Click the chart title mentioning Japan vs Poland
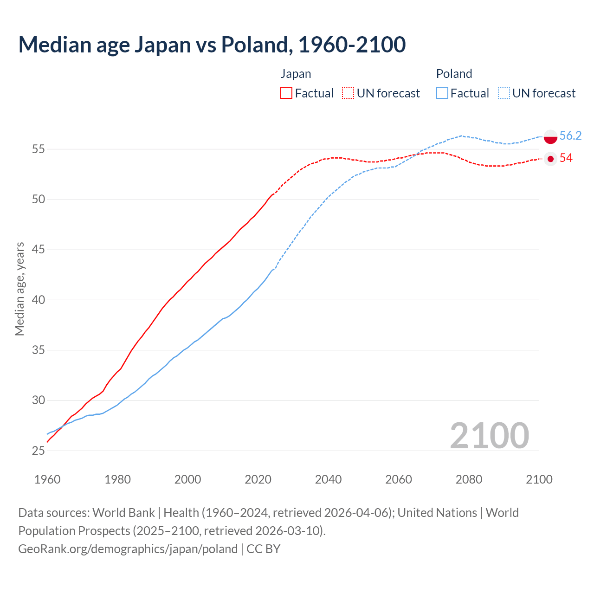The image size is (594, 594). tap(212, 45)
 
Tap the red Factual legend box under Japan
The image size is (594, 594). tap(286, 93)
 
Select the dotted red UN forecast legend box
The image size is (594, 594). tap(348, 93)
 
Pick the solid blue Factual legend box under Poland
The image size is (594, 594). tap(442, 93)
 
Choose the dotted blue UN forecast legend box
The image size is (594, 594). tap(504, 93)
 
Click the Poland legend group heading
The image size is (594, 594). tap(454, 74)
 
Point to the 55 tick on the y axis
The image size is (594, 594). tap(38, 149)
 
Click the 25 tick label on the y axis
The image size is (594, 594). tap(38, 451)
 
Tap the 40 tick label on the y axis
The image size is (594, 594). tap(38, 300)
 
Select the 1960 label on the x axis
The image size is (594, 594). tap(47, 479)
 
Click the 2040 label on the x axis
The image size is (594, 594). tap(328, 479)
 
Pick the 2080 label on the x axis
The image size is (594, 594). tap(469, 479)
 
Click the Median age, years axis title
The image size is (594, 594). tap(19, 289)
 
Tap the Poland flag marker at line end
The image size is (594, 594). tap(550, 137)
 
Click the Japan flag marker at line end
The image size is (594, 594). tap(550, 159)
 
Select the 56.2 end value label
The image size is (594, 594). tap(570, 136)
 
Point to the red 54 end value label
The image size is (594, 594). tap(566, 158)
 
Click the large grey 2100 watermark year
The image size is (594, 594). tap(489, 435)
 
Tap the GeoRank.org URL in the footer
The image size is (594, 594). tap(128, 549)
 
